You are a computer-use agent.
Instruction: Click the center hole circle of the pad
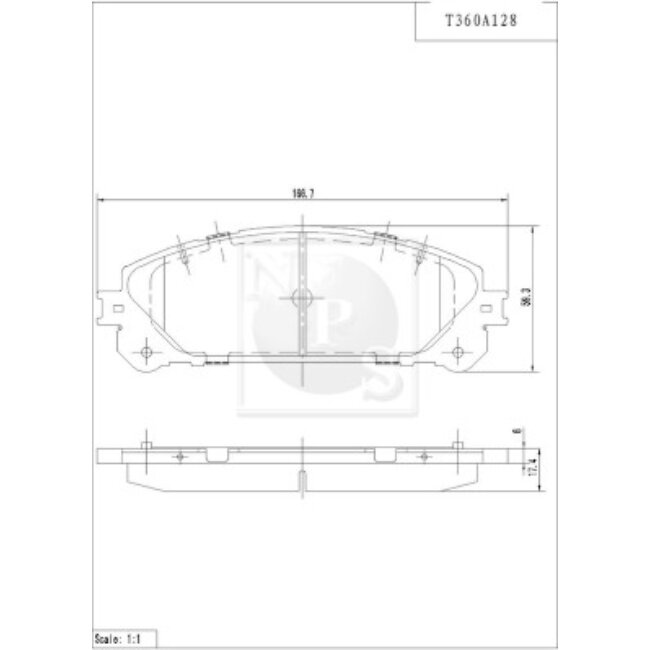coord(301,297)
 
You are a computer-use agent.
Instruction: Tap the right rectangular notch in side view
coord(384,456)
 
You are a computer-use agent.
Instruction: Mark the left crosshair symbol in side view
coord(179,456)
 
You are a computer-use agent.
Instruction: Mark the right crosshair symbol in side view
coord(421,456)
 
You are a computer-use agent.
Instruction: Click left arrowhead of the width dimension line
coord(98,199)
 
